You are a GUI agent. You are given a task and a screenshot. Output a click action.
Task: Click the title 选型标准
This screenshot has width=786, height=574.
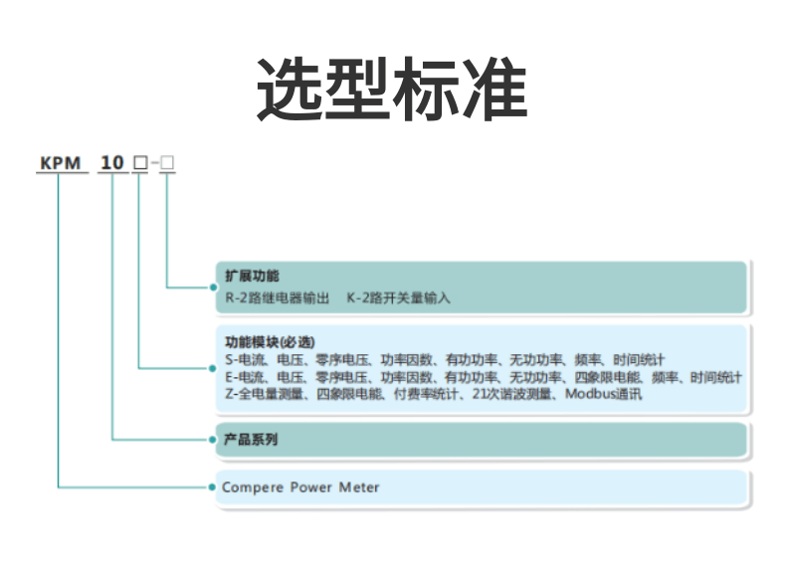[x=392, y=89]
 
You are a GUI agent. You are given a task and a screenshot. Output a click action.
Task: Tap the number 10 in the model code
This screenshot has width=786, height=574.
[x=113, y=162]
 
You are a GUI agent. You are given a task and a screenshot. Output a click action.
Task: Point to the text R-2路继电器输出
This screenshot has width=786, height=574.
[x=278, y=296]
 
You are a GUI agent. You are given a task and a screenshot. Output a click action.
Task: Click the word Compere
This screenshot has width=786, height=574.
[x=253, y=487]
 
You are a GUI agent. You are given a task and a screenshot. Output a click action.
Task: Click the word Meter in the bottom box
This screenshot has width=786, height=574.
[x=359, y=487]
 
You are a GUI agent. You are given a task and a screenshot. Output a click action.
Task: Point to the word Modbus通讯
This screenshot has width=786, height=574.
[x=604, y=394]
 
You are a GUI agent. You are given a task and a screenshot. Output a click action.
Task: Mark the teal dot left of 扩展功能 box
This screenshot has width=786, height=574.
[x=213, y=287]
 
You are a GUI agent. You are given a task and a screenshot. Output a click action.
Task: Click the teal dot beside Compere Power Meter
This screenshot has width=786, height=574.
[x=213, y=487]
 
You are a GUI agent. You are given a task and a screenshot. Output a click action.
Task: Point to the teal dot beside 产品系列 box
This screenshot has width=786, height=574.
[x=213, y=439]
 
